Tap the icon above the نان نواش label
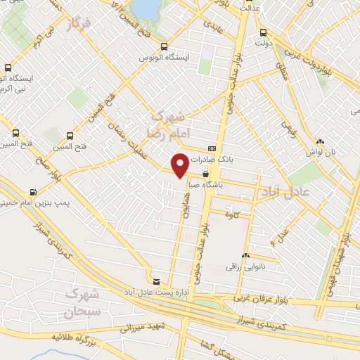[320, 141]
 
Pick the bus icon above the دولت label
[263, 32]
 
